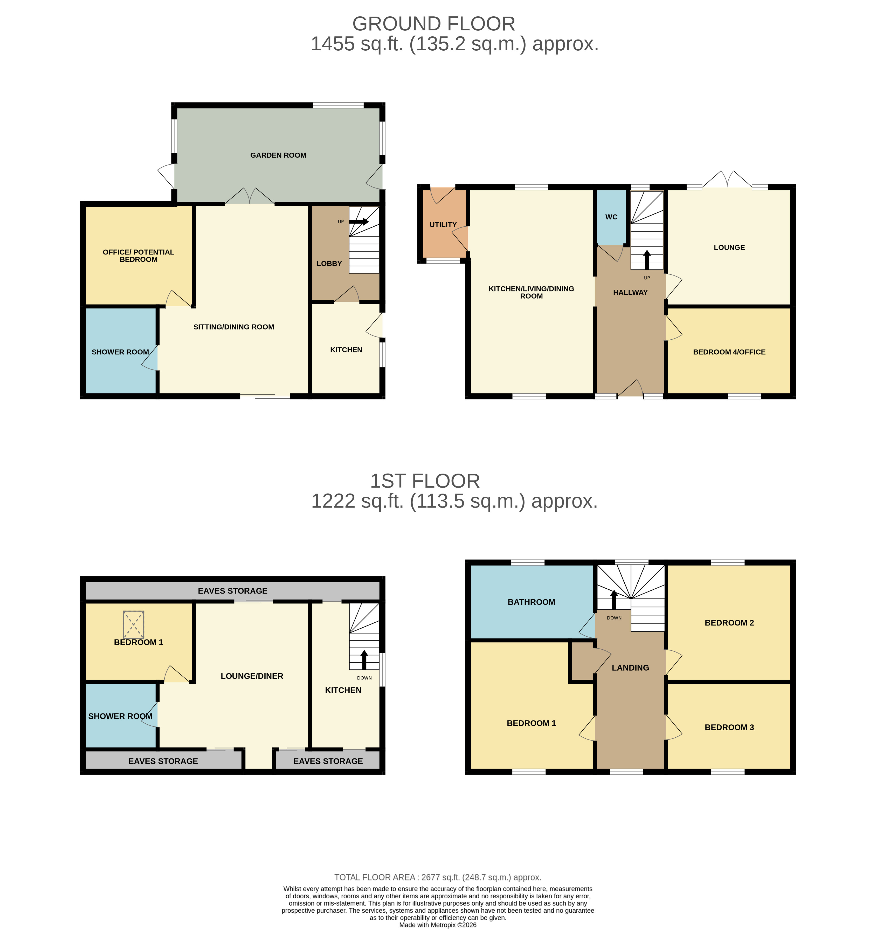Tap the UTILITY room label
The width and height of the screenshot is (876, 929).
(443, 225)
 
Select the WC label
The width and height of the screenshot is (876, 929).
(611, 217)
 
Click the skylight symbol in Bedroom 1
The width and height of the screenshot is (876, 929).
(134, 625)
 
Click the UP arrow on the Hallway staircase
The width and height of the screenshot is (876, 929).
(647, 260)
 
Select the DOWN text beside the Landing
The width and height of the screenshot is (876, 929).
(614, 618)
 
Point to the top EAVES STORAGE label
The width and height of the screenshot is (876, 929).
(232, 591)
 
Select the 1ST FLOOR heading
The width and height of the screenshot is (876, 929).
(424, 481)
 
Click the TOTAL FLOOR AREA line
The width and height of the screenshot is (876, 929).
(438, 877)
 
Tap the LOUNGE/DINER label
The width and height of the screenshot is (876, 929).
(252, 676)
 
